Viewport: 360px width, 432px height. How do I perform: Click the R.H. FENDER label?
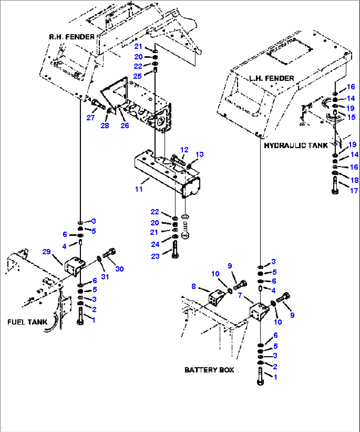click(x=72, y=37)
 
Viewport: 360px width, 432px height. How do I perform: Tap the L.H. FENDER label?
click(x=271, y=78)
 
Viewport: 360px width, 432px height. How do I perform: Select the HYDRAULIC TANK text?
click(x=296, y=145)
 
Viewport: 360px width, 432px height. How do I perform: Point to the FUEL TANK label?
click(x=27, y=322)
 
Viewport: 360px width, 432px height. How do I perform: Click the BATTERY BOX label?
click(x=209, y=370)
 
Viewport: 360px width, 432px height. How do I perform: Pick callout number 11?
click(x=139, y=189)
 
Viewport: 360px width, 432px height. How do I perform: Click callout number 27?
click(x=90, y=118)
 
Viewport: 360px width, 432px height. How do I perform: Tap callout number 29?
click(x=47, y=252)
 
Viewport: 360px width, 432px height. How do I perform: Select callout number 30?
click(x=119, y=269)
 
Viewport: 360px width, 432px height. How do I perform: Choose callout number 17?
click(x=354, y=190)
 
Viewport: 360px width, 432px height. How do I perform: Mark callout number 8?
click(x=194, y=286)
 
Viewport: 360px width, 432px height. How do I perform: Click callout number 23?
click(x=155, y=256)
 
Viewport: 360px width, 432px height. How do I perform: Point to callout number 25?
click(x=137, y=76)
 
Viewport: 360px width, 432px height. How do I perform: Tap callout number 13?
click(x=199, y=154)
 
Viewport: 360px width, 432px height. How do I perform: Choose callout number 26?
click(x=125, y=125)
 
